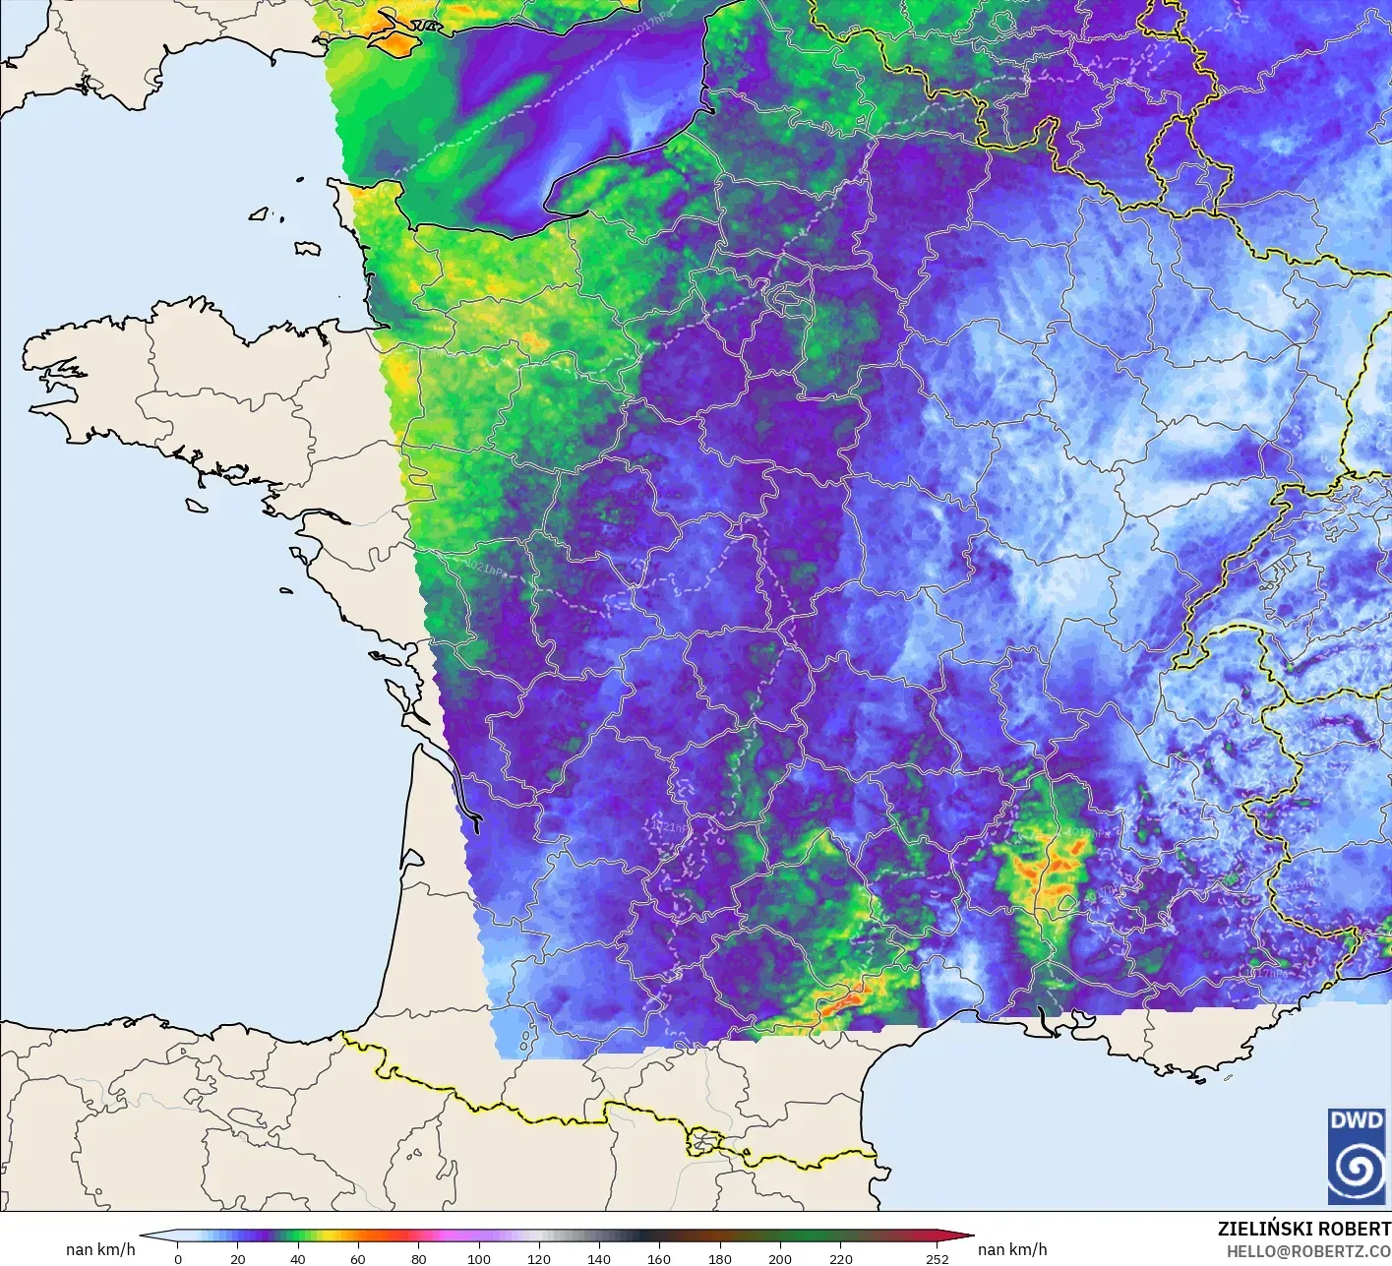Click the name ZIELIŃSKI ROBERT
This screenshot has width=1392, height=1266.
tap(1303, 1229)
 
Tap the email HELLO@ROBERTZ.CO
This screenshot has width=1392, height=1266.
tap(1308, 1250)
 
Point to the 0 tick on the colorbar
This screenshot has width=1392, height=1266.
tap(177, 1258)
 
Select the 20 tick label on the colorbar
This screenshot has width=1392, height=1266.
tap(237, 1258)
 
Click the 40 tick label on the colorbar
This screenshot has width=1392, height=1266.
tap(298, 1258)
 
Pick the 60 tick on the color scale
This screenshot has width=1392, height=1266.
tap(358, 1258)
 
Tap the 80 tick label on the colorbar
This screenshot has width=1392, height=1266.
tap(418, 1258)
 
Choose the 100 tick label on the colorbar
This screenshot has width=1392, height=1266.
tap(479, 1258)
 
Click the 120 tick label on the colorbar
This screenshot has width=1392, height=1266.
tap(539, 1258)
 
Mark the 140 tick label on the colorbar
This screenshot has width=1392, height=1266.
tap(599, 1258)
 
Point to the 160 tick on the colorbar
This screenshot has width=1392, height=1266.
tap(659, 1258)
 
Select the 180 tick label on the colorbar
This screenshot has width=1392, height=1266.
tap(720, 1258)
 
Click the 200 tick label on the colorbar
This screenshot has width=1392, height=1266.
tap(780, 1258)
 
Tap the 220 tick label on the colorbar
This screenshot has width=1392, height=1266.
tap(840, 1258)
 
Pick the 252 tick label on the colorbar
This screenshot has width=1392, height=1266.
tap(937, 1258)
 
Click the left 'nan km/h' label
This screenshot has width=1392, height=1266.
tap(100, 1249)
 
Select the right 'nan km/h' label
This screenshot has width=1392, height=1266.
tap(1012, 1249)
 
